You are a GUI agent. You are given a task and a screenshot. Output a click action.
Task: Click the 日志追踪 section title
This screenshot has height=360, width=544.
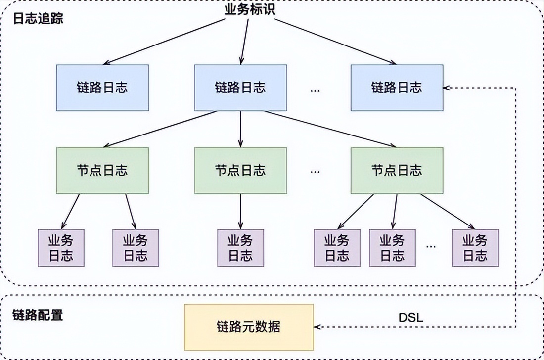tap(38, 19)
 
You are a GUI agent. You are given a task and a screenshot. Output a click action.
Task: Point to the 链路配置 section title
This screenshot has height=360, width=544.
tap(38, 315)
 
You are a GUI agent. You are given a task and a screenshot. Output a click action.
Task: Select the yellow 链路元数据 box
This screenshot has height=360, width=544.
tap(249, 327)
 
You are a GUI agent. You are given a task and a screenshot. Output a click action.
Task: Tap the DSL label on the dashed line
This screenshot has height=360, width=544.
tap(410, 317)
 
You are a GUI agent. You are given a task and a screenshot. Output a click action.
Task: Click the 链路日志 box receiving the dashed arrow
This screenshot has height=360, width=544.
tap(397, 88)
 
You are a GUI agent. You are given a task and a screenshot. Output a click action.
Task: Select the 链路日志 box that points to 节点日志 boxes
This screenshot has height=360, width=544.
tap(240, 88)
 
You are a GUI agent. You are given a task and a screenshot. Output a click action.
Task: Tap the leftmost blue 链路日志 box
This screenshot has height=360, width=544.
tap(102, 88)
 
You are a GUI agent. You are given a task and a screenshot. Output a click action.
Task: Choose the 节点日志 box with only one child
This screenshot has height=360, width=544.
tap(240, 171)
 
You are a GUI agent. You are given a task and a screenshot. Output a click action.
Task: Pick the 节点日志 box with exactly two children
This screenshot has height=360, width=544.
tap(102, 171)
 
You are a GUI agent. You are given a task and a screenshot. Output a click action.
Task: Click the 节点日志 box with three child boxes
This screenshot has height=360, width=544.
tap(397, 171)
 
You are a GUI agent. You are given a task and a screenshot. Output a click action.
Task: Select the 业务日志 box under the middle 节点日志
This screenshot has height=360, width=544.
tap(240, 248)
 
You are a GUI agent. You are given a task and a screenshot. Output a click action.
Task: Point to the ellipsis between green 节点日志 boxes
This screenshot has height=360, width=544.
tap(316, 172)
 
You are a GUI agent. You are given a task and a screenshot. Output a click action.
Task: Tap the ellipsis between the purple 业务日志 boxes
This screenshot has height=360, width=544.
tap(431, 246)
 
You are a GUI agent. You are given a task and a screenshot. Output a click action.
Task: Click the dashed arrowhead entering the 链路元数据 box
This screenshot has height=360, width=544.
tap(317, 327)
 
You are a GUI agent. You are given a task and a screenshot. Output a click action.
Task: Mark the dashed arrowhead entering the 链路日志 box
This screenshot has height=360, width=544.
tap(447, 88)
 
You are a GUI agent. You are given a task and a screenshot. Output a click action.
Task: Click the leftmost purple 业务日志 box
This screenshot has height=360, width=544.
tap(61, 248)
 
